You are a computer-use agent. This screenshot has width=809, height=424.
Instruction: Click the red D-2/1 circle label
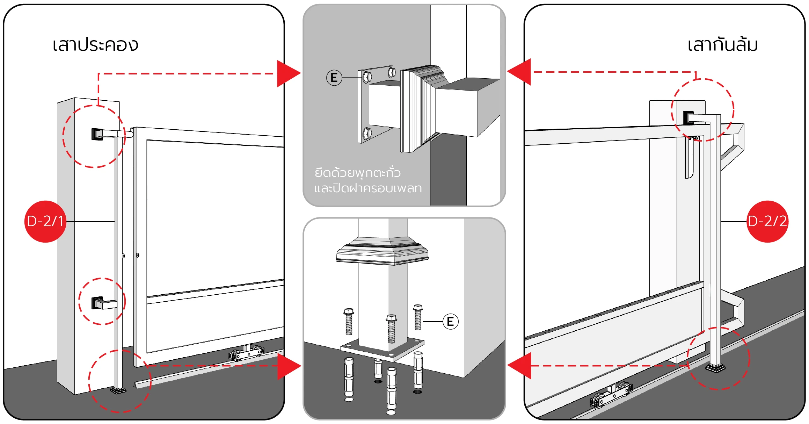45,222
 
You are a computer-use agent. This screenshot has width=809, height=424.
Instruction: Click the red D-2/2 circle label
767,222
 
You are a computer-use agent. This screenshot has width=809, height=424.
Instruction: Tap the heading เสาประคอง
95,45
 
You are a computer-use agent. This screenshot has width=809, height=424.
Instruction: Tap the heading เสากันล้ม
722,45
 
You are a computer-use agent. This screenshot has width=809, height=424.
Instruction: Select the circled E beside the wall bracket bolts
334,78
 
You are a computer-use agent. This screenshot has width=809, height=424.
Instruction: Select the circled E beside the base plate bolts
451,321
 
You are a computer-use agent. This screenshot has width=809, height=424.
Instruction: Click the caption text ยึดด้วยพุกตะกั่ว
357,173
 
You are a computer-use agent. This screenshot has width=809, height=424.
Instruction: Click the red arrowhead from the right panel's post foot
519,366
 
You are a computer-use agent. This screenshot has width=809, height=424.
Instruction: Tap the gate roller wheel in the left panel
247,354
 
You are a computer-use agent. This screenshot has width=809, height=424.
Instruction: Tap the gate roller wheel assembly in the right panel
611,395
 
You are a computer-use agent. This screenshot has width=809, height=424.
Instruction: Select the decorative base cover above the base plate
382,251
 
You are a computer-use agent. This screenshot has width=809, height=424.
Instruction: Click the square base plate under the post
382,349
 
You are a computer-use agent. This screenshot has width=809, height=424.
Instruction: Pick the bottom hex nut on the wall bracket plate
367,133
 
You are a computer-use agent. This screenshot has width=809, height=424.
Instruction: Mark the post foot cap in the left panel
118,390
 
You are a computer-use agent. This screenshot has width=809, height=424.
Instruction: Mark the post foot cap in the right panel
715,368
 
